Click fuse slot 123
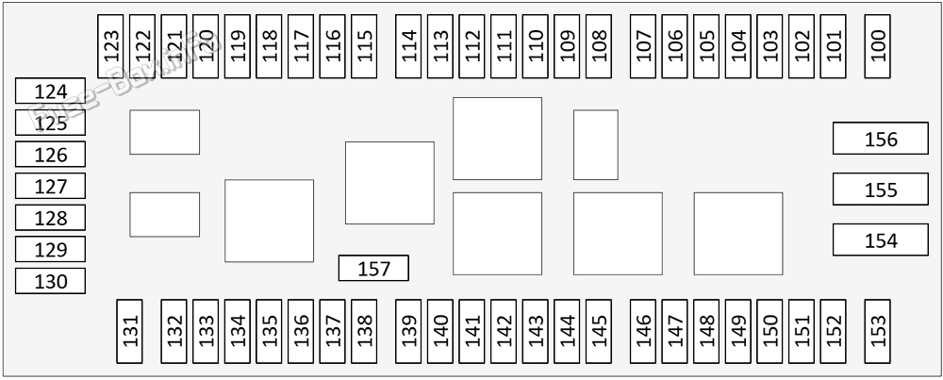click(110, 46)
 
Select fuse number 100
click(877, 46)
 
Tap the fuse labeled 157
click(373, 268)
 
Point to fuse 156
click(881, 139)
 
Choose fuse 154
click(881, 240)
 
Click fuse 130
click(51, 281)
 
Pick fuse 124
click(51, 91)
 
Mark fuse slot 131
click(129, 331)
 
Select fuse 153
click(877, 331)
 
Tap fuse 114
click(408, 46)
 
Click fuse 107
click(643, 46)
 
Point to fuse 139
click(408, 331)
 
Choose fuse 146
click(643, 331)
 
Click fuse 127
click(51, 186)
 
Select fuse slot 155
click(881, 190)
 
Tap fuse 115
click(364, 46)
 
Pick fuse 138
click(364, 331)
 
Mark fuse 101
click(833, 46)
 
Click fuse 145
click(599, 331)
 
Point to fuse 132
click(174, 331)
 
